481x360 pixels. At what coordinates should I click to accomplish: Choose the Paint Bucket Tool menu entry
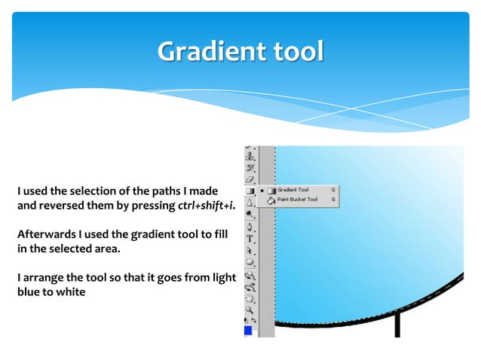[x=297, y=200]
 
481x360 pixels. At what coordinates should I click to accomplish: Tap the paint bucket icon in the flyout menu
[x=271, y=200]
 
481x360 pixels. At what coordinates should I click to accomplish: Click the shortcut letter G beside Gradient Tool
[x=332, y=191]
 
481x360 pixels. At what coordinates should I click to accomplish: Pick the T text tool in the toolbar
[x=250, y=237]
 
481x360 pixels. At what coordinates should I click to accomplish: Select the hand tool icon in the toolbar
[x=250, y=297]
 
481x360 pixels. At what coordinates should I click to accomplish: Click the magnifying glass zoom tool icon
[x=250, y=309]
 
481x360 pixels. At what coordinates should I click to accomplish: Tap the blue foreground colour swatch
[x=247, y=330]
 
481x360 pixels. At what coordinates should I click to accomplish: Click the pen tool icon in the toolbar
[x=250, y=225]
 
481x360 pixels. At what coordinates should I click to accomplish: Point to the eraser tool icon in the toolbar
[x=250, y=179]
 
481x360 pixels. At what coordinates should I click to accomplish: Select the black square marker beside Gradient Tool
[x=262, y=191]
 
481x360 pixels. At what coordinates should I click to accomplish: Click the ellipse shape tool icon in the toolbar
[x=250, y=262]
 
